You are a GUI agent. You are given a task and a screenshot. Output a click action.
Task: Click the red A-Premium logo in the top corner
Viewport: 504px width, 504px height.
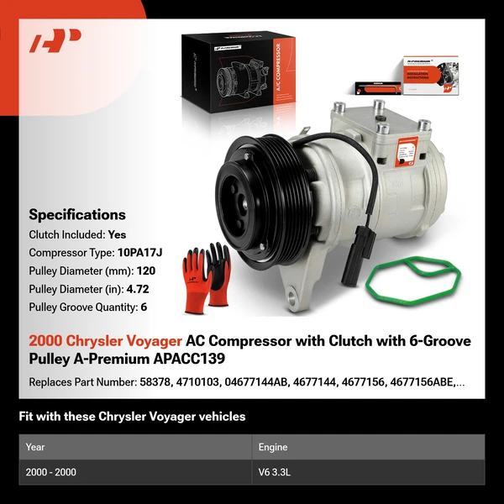point(55,42)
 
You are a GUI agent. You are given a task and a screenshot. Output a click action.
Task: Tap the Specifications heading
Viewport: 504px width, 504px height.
point(77,214)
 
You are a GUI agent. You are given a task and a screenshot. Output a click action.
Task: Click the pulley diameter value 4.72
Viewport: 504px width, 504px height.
point(135,289)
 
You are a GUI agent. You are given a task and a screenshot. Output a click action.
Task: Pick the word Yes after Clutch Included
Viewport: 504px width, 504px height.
point(117,234)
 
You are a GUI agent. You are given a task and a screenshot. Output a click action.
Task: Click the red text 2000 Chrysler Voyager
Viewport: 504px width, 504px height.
point(105,341)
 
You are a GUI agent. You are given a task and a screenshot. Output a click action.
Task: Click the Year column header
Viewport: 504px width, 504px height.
point(35,447)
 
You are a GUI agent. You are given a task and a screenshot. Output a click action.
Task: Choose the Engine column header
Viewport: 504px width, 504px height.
point(275,447)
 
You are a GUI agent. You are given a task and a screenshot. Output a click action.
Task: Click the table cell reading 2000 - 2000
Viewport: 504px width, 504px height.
point(51,472)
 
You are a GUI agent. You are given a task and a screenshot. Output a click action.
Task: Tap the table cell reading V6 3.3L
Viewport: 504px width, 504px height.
point(277,472)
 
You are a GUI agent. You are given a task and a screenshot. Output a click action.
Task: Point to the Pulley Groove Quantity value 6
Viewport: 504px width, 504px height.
point(144,307)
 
